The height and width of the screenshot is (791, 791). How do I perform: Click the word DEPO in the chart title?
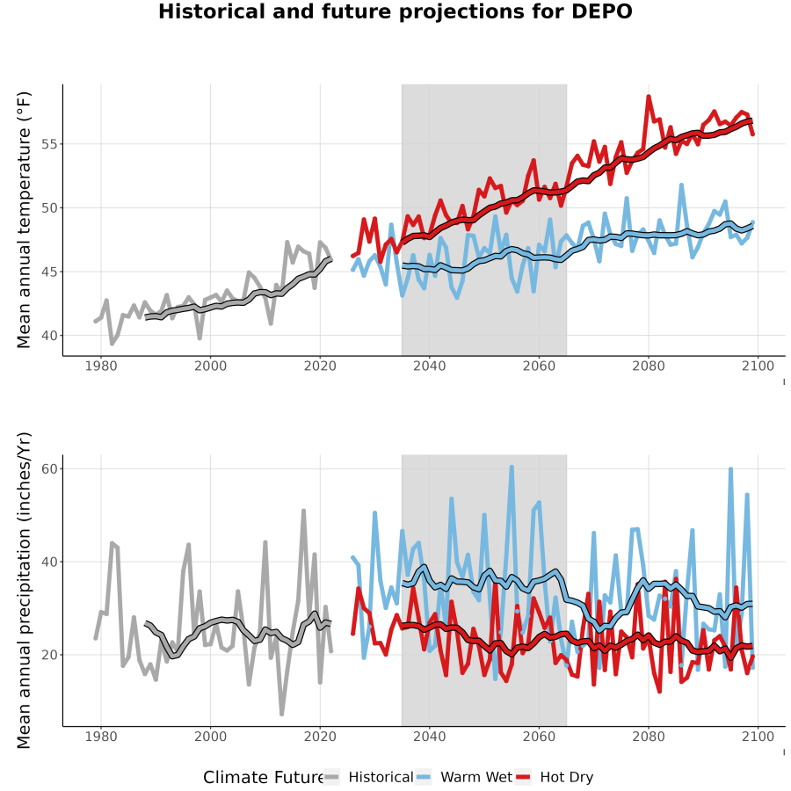point(601,11)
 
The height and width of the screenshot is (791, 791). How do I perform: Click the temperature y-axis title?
point(24,220)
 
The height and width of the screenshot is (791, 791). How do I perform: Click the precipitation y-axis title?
point(24,591)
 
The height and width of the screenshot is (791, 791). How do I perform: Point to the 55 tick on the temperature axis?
point(49,144)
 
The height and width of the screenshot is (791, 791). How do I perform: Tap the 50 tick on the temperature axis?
point(49,207)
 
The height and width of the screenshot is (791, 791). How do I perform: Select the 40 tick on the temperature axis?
point(49,336)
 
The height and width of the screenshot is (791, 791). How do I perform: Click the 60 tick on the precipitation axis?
point(49,468)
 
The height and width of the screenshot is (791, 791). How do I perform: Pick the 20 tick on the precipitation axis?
point(49,655)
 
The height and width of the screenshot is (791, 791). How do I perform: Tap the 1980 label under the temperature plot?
point(101,366)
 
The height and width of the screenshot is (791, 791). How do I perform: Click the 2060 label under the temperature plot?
point(539,366)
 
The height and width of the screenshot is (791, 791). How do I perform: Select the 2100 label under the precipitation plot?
point(758,737)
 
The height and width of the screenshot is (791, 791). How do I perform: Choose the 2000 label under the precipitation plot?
point(210,737)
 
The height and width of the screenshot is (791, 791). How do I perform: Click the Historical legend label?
point(381,777)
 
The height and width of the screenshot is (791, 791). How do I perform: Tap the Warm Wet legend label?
point(476,777)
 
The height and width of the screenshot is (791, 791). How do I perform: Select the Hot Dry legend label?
point(567,777)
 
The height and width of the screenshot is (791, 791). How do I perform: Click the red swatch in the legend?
point(523,778)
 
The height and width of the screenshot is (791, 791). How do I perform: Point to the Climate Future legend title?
point(263,778)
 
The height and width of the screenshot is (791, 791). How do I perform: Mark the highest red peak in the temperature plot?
point(649,96)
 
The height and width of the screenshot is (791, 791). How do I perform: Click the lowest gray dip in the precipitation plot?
point(281,715)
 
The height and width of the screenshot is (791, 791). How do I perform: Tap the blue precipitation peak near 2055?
point(512,467)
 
